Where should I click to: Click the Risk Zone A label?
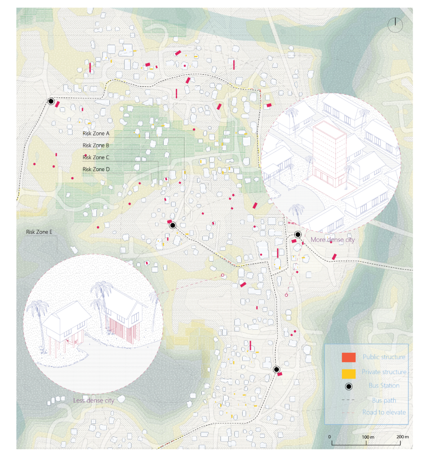pyautogui.click(x=96, y=133)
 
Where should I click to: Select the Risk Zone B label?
pyautogui.click(x=96, y=145)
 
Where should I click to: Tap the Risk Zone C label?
pyautogui.click(x=96, y=157)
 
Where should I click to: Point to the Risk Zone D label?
pyautogui.click(x=96, y=169)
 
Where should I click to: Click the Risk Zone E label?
pyautogui.click(x=39, y=232)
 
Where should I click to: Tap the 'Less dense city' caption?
pyautogui.click(x=92, y=400)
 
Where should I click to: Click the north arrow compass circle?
pyautogui.click(x=395, y=24)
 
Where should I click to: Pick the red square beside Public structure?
pyautogui.click(x=349, y=357)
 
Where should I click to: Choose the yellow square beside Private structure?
pyautogui.click(x=349, y=373)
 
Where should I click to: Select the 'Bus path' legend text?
pyautogui.click(x=384, y=400)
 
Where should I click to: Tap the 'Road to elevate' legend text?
pyautogui.click(x=384, y=412)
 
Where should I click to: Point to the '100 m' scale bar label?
pyautogui.click(x=367, y=436)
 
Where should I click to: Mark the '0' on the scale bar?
pyautogui.click(x=329, y=436)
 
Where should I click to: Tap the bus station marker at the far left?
pyautogui.click(x=51, y=102)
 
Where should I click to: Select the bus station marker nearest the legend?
pyautogui.click(x=276, y=369)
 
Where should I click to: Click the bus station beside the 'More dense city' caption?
pyautogui.click(x=298, y=234)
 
